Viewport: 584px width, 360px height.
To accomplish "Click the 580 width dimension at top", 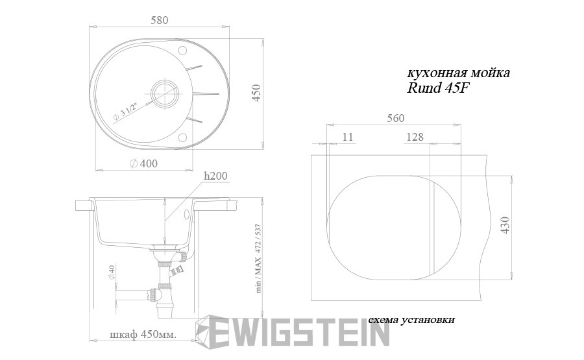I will (160, 20).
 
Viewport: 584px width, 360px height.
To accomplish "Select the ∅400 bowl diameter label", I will (143, 163).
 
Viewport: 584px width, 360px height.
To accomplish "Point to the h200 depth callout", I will (215, 176).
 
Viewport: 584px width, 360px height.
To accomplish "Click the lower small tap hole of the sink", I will (182, 137).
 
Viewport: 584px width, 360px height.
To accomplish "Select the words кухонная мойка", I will (458, 73).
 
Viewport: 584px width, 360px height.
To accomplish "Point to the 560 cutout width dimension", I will (395, 118).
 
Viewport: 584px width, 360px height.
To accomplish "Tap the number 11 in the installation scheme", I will (348, 137).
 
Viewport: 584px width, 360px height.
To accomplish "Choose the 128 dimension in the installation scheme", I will (415, 137).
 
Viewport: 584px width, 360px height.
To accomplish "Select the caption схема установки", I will (411, 320).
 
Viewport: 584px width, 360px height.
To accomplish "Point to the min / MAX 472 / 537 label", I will (258, 259).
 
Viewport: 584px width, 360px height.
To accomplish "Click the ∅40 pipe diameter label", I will (112, 272).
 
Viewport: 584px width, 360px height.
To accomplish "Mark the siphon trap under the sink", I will (164, 289).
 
